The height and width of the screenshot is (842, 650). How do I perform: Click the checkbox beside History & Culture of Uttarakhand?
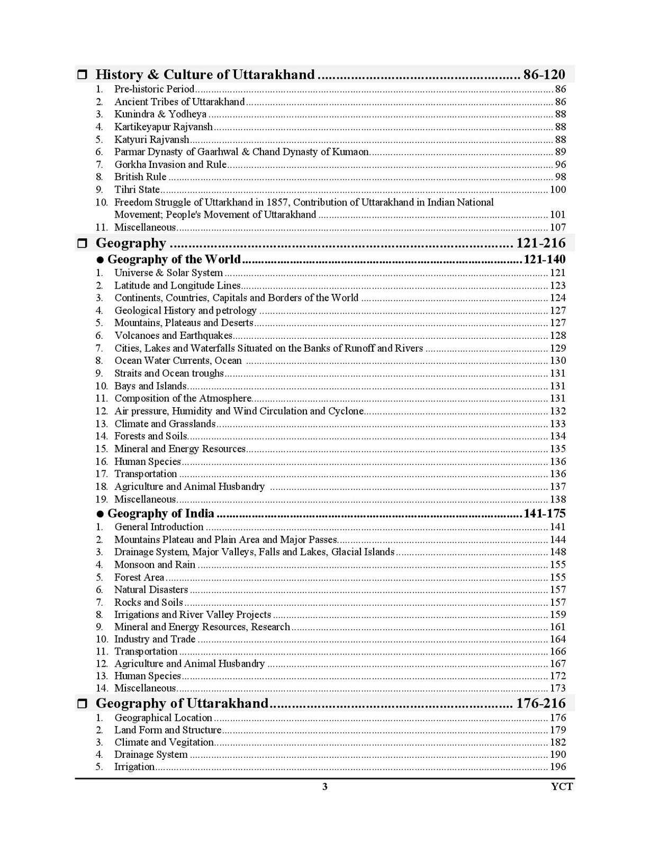point(82,75)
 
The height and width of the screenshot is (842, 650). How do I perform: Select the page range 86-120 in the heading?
point(544,75)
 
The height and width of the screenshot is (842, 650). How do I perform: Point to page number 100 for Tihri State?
point(558,190)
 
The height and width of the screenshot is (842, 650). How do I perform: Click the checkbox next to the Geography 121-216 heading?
point(82,244)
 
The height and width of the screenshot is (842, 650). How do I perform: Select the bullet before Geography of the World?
point(100,260)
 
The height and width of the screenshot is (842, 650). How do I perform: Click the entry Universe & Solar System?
point(168,273)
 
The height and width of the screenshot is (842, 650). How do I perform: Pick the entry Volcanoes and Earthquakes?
point(173,336)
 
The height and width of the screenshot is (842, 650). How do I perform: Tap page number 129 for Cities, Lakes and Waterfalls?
point(558,348)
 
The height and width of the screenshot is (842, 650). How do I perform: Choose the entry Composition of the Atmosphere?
point(183,398)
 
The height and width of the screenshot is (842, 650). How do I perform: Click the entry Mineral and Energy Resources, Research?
point(202,627)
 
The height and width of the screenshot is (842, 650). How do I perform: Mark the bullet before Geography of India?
point(100,514)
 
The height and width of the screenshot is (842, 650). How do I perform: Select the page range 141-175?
point(544,514)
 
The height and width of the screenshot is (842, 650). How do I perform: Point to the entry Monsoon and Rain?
point(155,565)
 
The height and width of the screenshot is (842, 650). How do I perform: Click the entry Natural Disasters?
point(151,589)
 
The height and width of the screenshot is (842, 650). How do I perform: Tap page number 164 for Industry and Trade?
point(558,639)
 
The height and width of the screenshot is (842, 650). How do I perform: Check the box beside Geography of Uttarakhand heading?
point(82,704)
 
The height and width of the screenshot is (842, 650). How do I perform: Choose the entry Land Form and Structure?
point(168,730)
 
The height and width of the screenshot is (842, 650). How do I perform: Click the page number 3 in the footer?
point(325,786)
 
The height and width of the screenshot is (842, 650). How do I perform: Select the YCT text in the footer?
point(562,786)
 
